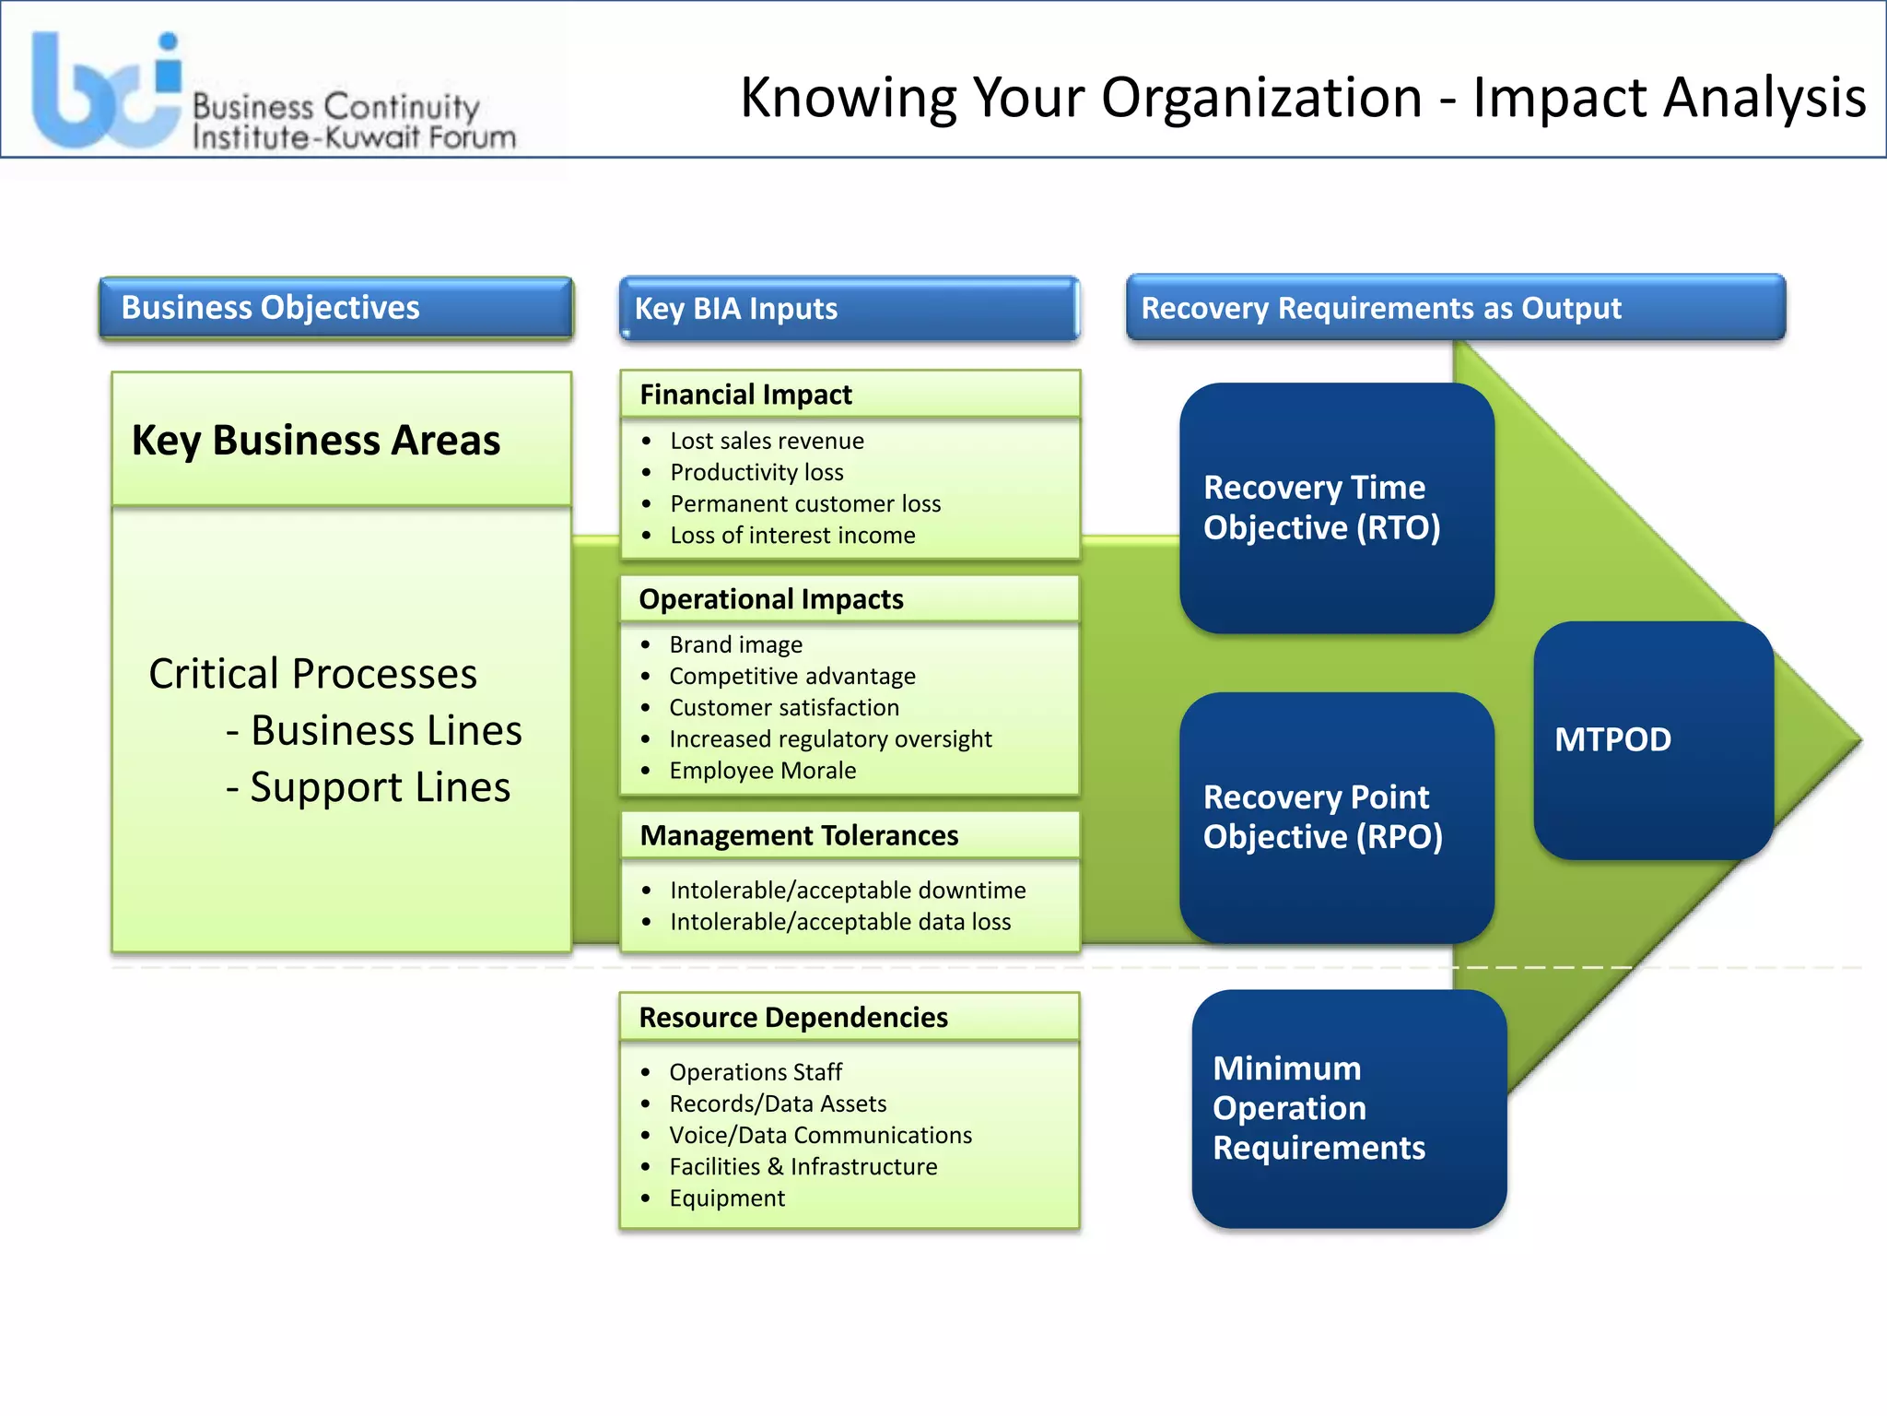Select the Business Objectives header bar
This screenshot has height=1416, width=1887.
click(x=335, y=308)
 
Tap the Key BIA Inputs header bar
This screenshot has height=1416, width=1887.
click(x=849, y=309)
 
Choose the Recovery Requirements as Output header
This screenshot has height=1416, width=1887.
click(x=1455, y=308)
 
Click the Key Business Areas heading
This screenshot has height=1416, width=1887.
click(x=316, y=440)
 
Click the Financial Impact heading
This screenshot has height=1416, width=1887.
click(x=745, y=395)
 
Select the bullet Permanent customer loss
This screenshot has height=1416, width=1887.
click(x=804, y=504)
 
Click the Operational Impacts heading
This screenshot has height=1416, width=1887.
click(x=770, y=599)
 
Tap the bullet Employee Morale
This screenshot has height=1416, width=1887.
click(x=762, y=771)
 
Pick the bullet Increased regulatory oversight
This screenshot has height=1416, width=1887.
click(x=829, y=739)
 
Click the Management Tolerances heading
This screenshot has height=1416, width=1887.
click(x=799, y=835)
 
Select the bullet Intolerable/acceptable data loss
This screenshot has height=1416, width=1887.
click(x=839, y=922)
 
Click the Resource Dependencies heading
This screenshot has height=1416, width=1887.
click(x=792, y=1018)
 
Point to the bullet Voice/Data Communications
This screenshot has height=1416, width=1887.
click(x=820, y=1136)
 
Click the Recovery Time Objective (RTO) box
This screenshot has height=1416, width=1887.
click(x=1336, y=508)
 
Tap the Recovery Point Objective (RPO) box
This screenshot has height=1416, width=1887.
click(x=1336, y=817)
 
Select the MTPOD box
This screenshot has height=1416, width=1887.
click(x=1653, y=740)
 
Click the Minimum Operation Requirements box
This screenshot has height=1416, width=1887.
click(x=1348, y=1108)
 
